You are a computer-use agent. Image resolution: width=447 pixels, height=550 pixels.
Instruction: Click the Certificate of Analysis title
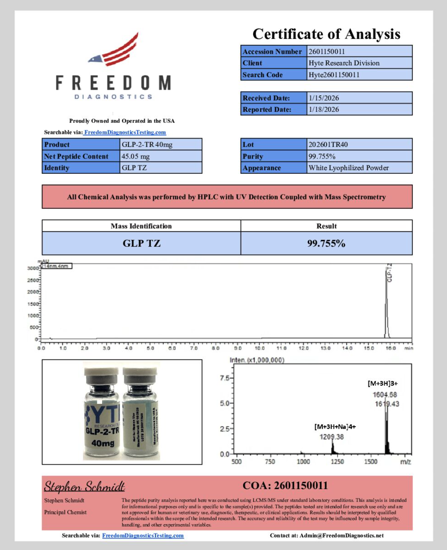tap(326, 34)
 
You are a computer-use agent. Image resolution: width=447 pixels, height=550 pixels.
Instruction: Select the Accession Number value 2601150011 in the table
tap(327, 52)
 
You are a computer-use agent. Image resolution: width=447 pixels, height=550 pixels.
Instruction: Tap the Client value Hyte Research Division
tap(344, 63)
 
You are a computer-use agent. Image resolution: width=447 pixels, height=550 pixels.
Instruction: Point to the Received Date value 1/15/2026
tap(324, 98)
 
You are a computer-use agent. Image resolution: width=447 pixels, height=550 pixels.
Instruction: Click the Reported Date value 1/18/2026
tap(324, 109)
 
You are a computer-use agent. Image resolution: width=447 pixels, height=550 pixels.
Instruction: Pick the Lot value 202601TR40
tap(328, 144)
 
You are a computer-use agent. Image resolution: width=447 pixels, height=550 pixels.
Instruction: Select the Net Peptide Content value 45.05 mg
tap(136, 156)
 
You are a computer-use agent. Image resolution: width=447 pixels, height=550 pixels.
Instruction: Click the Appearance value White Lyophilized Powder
tap(349, 168)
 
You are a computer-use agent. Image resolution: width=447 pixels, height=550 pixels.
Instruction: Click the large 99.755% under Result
tap(326, 243)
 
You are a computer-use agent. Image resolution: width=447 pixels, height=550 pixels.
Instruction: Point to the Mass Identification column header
tap(141, 226)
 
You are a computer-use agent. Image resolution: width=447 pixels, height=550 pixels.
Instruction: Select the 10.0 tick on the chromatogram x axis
tap(260, 348)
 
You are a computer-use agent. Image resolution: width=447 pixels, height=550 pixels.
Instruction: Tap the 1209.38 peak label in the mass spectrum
tap(331, 437)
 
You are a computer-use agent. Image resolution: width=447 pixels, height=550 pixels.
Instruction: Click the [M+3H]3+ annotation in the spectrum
tap(383, 383)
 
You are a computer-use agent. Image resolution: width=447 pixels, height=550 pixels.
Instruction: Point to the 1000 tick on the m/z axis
tap(303, 461)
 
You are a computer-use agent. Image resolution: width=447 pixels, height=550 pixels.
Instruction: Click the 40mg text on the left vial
tap(103, 443)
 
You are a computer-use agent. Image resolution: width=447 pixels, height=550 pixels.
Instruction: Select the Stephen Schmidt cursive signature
tap(84, 486)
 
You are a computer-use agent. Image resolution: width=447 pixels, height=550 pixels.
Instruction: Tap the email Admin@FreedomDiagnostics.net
tap(341, 536)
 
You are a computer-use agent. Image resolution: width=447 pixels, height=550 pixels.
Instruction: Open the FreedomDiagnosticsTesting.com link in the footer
tap(143, 536)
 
